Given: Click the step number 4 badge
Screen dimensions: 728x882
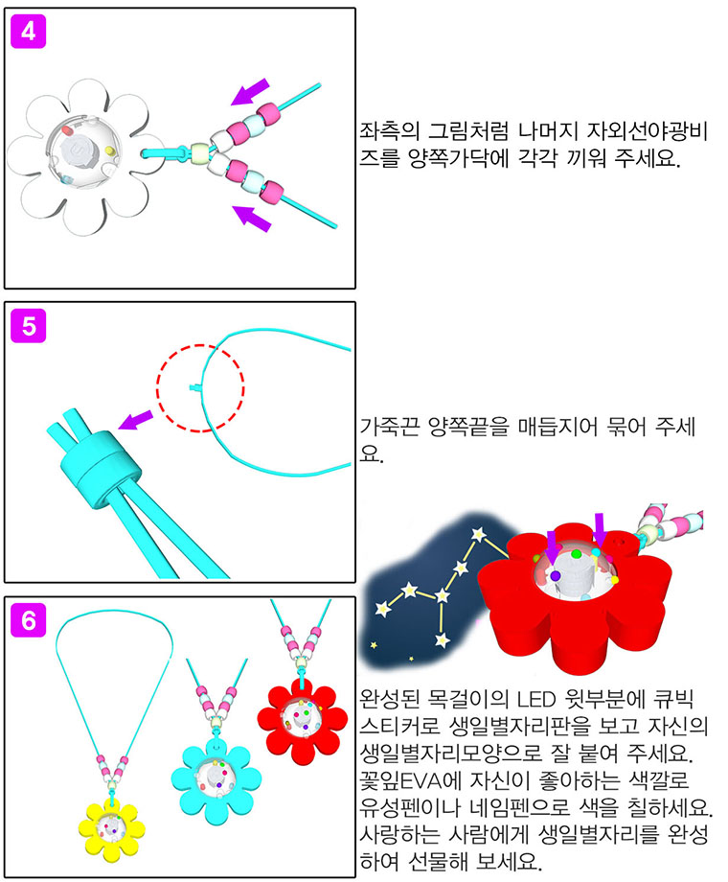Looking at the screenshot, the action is pyautogui.click(x=28, y=32).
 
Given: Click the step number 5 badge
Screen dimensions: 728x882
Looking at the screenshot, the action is pyautogui.click(x=28, y=326).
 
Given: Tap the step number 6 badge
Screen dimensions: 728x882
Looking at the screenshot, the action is pyautogui.click(x=28, y=620).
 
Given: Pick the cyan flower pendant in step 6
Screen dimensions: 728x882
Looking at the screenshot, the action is pyautogui.click(x=216, y=779).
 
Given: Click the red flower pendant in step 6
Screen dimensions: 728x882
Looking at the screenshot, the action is pyautogui.click(x=303, y=720).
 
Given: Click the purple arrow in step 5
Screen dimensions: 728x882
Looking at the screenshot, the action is pyautogui.click(x=135, y=420).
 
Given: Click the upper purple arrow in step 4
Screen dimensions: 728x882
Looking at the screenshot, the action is pyautogui.click(x=250, y=92).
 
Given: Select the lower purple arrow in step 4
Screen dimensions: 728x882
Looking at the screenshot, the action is pyautogui.click(x=252, y=219).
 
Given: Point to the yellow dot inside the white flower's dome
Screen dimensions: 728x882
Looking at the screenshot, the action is pyautogui.click(x=109, y=151).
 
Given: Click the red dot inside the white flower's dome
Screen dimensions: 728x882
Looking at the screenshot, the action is pyautogui.click(x=67, y=131).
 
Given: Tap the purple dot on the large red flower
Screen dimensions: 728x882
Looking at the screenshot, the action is pyautogui.click(x=555, y=576).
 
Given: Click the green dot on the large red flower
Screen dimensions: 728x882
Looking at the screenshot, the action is pyautogui.click(x=576, y=554).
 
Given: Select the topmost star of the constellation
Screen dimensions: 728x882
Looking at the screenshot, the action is pyautogui.click(x=478, y=534).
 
